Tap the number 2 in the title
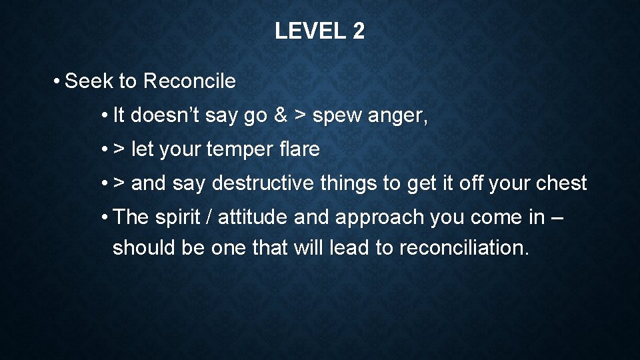(358, 31)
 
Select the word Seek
(89, 81)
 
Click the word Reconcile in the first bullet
(189, 81)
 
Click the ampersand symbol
(280, 115)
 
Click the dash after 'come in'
(558, 218)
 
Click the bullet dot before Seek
(59, 82)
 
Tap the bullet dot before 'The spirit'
(105, 217)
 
